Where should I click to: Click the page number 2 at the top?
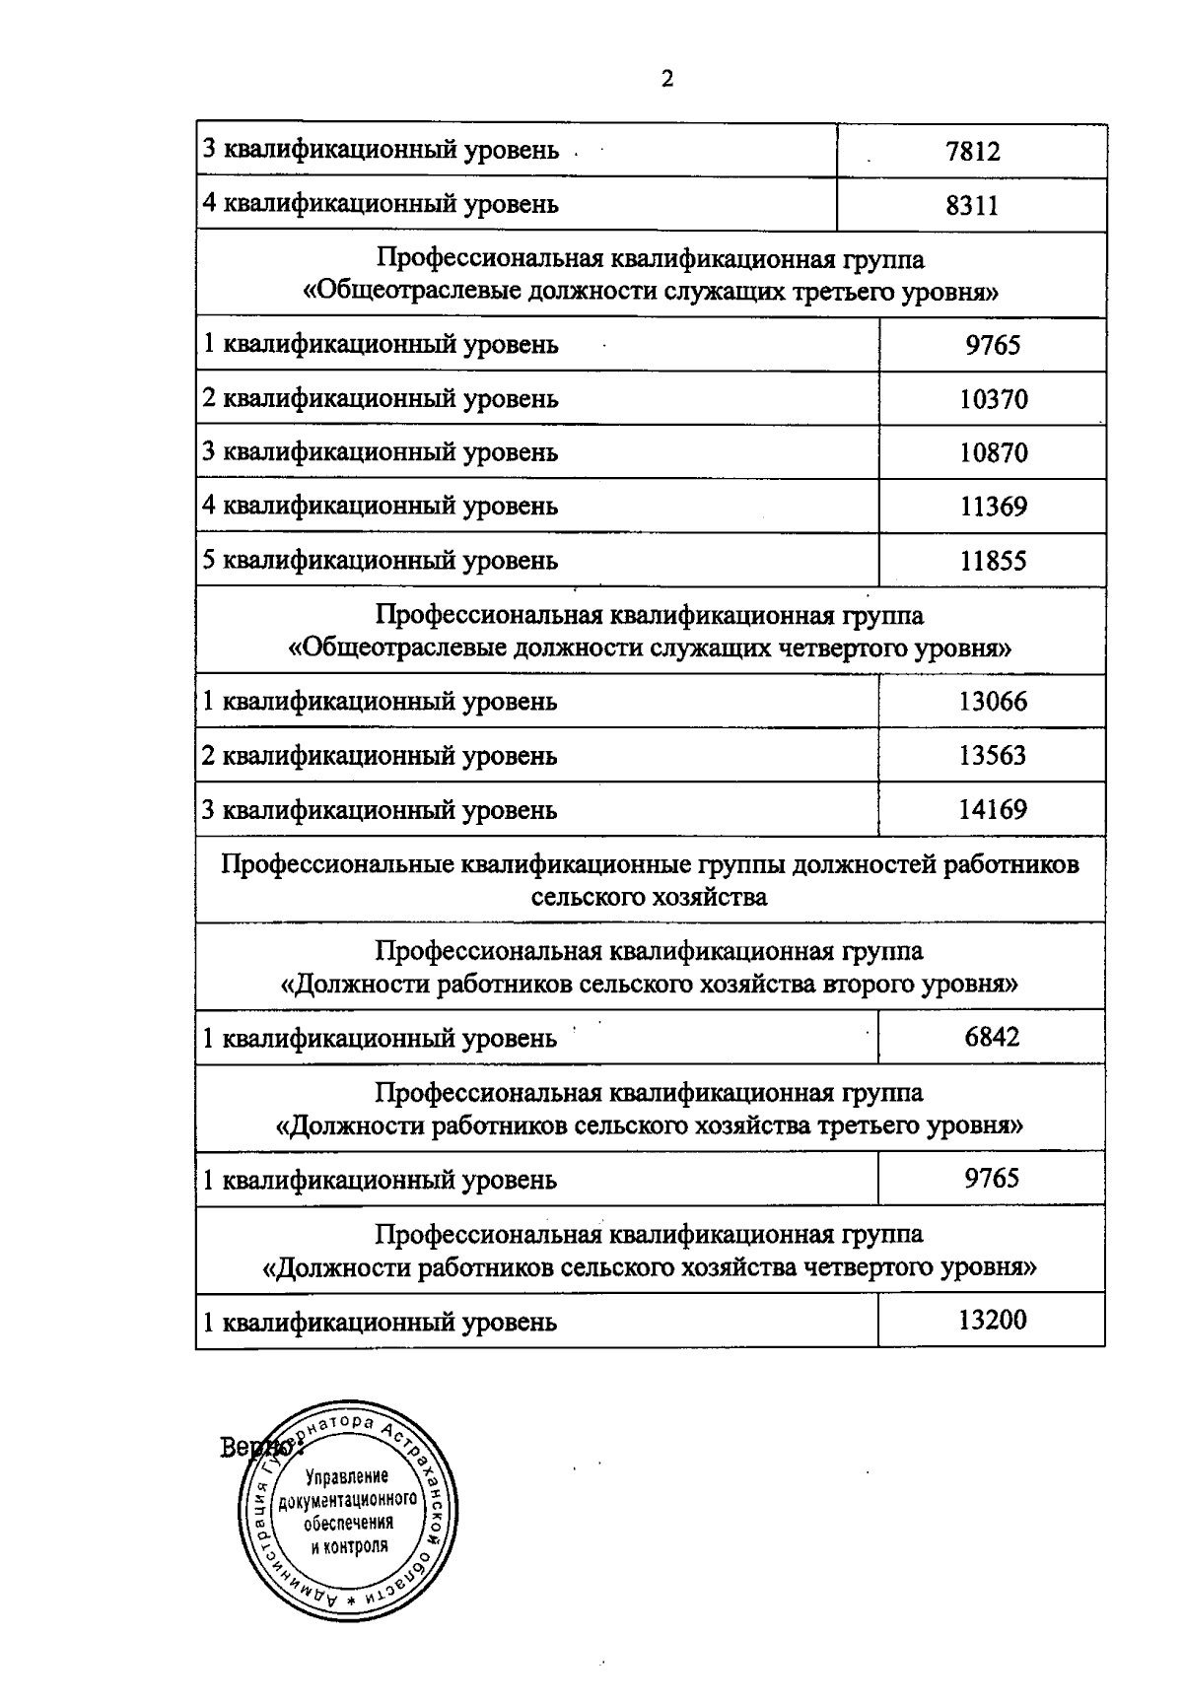coord(667,80)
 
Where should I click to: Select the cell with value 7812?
coord(972,152)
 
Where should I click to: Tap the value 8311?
coord(972,205)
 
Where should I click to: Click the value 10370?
coord(993,399)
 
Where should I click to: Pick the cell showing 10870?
coord(993,452)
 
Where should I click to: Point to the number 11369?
coord(993,507)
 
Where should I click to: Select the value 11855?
coord(993,561)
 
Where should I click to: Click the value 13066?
coord(992,702)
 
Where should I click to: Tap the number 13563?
coord(992,756)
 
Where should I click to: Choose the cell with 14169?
coord(992,810)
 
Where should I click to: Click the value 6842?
coord(992,1037)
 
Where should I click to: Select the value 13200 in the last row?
coord(992,1320)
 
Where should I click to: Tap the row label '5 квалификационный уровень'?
coord(380,561)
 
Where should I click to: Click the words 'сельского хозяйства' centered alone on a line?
coord(649,897)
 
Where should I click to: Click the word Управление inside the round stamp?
coord(347,1476)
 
